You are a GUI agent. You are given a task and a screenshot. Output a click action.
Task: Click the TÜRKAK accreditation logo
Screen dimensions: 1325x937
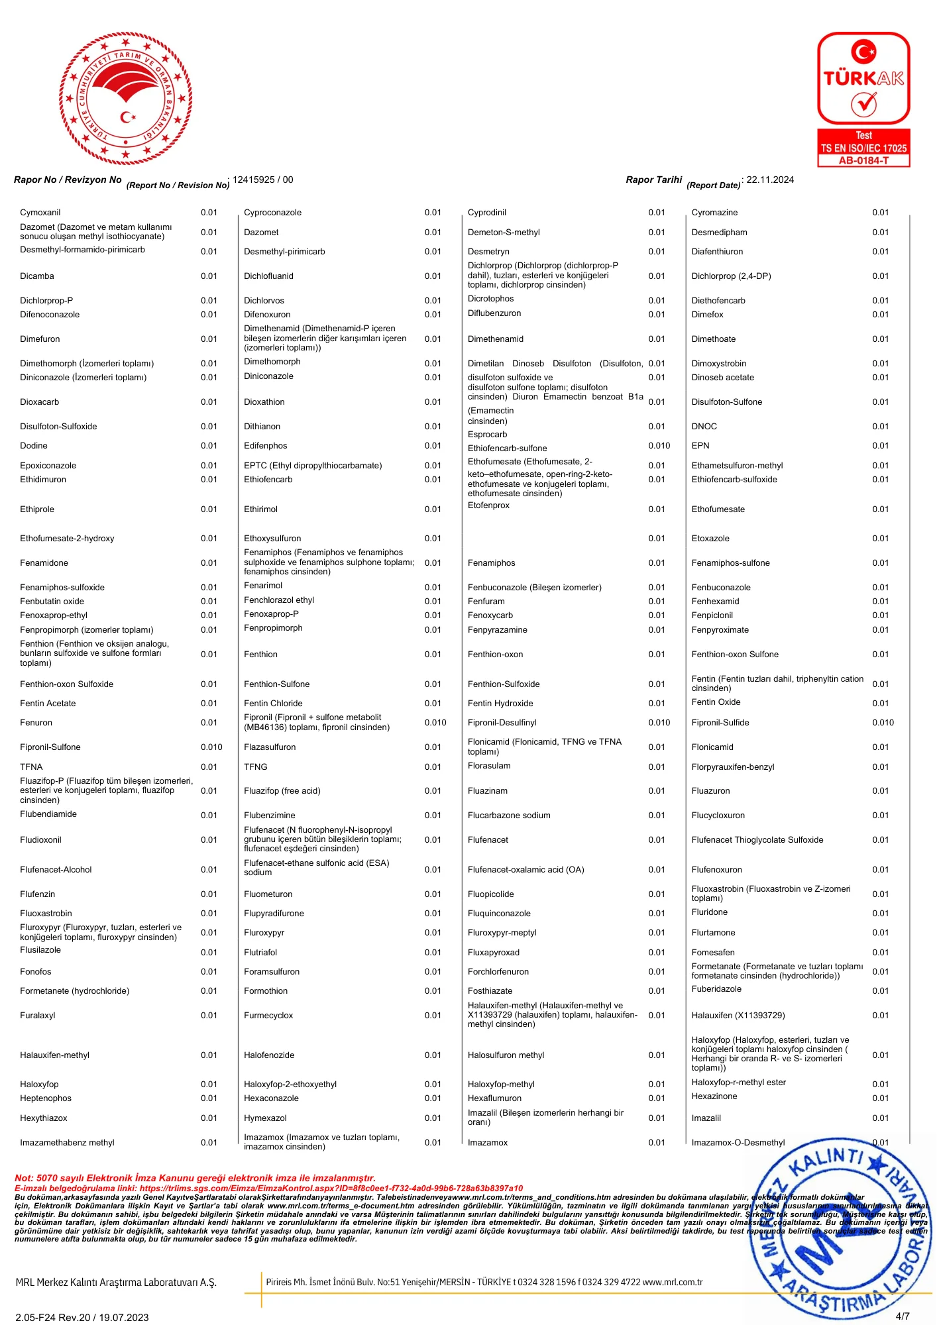tap(863, 99)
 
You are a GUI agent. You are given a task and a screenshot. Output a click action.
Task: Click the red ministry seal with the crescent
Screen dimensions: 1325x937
tap(126, 99)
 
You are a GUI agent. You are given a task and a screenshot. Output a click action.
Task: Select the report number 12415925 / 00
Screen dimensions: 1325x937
tap(262, 180)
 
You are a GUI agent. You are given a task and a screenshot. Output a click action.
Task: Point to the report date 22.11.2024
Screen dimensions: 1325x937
tap(769, 180)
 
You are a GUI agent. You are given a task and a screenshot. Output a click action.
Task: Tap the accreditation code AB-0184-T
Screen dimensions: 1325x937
tap(863, 160)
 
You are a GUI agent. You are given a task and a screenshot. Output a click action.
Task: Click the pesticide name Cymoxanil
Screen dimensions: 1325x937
tap(40, 213)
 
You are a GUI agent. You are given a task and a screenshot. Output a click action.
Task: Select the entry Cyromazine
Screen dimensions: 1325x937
tap(714, 213)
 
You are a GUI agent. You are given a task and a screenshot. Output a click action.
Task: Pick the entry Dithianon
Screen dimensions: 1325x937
tap(262, 427)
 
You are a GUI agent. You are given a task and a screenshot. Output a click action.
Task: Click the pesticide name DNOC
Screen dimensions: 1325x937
tap(704, 427)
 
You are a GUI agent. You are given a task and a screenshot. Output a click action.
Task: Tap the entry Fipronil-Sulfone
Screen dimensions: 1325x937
tap(50, 747)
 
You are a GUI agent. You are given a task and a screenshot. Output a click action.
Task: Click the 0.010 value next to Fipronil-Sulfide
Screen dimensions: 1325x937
tap(883, 723)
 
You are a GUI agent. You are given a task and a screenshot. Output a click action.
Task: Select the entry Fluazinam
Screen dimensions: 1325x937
tap(488, 791)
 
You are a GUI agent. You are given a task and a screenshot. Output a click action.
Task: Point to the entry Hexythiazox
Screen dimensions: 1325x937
tap(44, 1118)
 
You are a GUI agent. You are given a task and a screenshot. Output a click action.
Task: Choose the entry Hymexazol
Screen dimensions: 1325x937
tap(265, 1118)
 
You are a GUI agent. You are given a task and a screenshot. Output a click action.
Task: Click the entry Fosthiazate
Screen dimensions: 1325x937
tap(490, 991)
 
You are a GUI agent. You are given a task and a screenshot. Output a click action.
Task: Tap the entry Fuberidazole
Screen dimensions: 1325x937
tap(716, 989)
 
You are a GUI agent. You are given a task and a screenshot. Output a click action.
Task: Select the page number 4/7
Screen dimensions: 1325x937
tap(902, 1316)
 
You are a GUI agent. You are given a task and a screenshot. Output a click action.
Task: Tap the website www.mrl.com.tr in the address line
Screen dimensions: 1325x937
tap(672, 1282)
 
